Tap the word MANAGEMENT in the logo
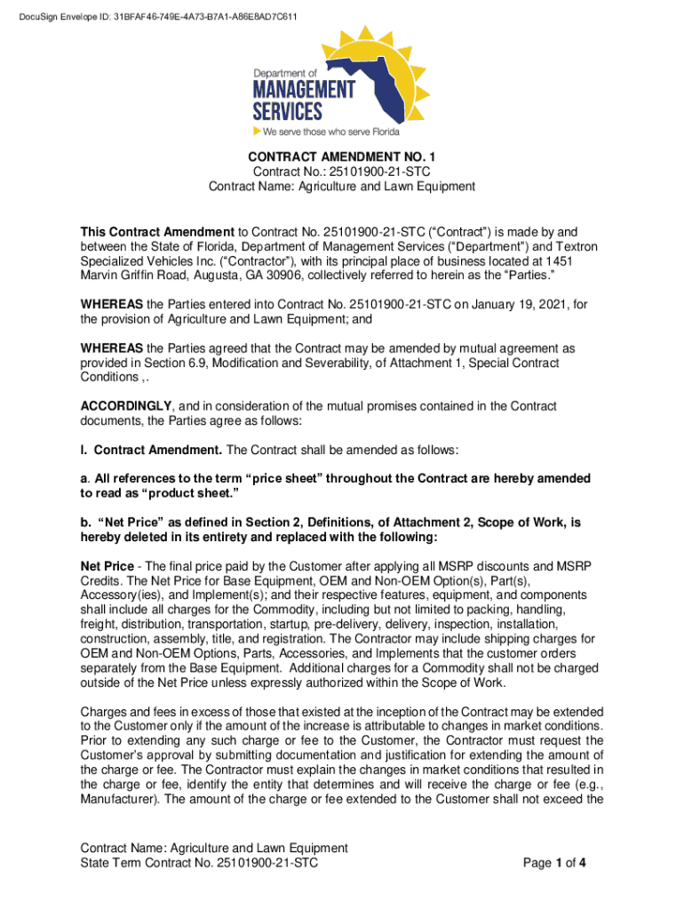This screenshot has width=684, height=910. point(304,91)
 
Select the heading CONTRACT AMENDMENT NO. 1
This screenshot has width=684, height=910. point(342,156)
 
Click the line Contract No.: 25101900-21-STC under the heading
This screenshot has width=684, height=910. point(342,172)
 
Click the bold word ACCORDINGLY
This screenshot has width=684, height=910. point(123,406)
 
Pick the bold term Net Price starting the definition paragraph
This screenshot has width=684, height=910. point(108,566)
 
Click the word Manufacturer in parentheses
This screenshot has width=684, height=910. point(118,799)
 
